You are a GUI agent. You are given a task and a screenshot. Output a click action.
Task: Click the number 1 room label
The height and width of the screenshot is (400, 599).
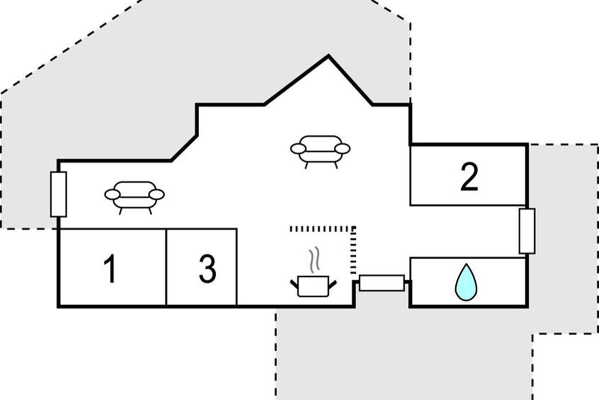tap(110, 268)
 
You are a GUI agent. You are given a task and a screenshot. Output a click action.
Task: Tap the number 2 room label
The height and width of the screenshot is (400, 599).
tap(469, 177)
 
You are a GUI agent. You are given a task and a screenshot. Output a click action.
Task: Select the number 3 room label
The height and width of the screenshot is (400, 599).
tap(207, 268)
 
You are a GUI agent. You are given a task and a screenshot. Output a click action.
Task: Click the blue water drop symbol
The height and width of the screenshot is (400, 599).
tap(466, 282)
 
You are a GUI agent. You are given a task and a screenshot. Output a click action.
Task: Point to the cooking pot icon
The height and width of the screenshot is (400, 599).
tap(313, 286)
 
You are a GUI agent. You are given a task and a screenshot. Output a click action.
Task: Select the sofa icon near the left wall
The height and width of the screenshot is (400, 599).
tap(134, 195)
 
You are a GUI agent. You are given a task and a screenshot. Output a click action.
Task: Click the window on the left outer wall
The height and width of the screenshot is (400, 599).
tap(58, 194)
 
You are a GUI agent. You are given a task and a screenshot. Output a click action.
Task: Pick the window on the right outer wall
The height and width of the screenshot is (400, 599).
tap(527, 231)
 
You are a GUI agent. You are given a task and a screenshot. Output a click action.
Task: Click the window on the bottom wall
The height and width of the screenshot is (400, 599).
tap(382, 283)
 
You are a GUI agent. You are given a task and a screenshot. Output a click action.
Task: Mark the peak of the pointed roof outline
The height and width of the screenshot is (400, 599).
tap(328, 56)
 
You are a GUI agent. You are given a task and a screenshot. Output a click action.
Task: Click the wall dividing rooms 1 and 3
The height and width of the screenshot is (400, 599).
tap(166, 267)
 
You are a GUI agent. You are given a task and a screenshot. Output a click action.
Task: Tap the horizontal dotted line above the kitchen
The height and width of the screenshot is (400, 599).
tap(322, 228)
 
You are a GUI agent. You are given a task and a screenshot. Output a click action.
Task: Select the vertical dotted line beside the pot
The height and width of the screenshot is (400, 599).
tap(353, 250)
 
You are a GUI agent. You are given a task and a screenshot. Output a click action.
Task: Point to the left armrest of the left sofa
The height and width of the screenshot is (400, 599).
tap(112, 194)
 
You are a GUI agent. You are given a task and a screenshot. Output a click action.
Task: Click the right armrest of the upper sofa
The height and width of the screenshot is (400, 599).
tap(342, 148)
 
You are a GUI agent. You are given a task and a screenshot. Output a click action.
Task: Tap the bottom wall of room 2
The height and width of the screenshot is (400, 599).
tap(468, 205)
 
